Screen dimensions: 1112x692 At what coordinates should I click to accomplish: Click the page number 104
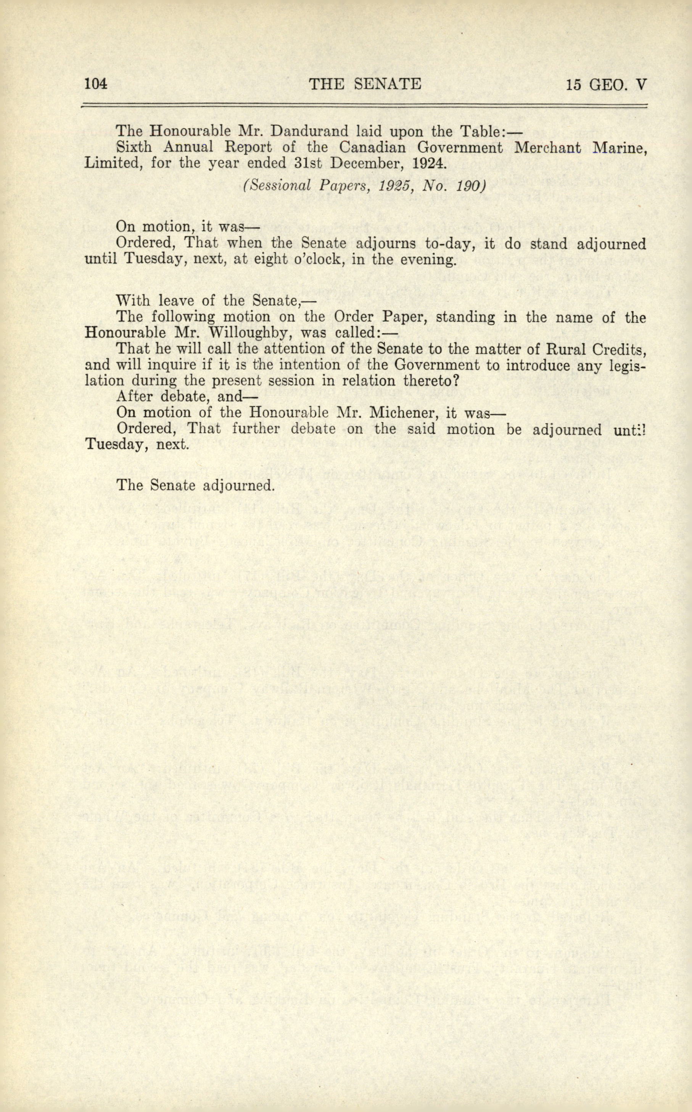point(96,85)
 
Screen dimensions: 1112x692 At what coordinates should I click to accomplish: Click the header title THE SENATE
point(365,85)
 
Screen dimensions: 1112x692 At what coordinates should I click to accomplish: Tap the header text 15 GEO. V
point(606,85)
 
